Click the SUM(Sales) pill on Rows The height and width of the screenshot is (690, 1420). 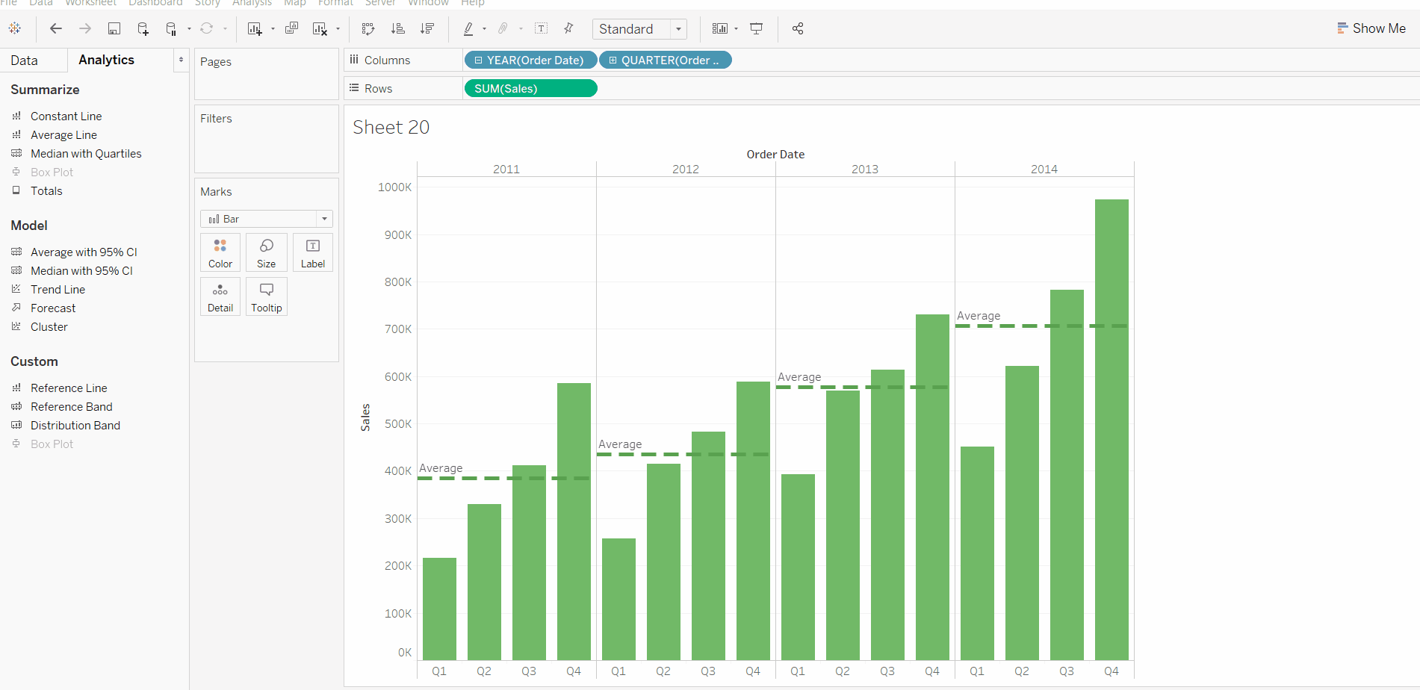coord(530,88)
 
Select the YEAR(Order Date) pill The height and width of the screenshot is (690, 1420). coord(530,60)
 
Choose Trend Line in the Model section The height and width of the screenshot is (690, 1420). coord(58,290)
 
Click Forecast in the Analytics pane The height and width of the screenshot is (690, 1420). coord(53,308)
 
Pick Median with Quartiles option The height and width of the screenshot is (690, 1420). coord(86,154)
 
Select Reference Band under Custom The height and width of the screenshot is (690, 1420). coord(71,407)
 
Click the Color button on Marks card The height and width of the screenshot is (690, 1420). coord(220,252)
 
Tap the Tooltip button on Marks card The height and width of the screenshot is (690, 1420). coord(267,296)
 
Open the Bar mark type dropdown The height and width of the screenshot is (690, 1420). coord(266,219)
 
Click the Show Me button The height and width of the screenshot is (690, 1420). coord(1371,28)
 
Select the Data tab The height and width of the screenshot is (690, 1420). coord(25,60)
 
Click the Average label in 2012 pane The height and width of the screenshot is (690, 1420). coord(620,444)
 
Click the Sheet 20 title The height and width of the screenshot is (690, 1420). coord(391,128)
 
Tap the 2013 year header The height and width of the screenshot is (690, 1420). coord(865,170)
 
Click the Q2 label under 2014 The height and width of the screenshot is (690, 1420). coord(1022,671)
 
